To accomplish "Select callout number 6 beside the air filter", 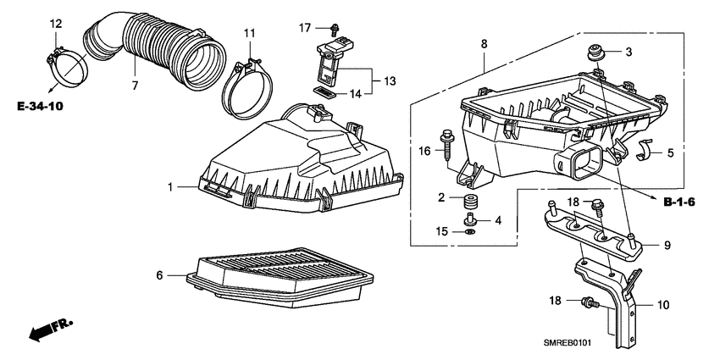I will (159, 274).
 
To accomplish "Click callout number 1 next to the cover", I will (169, 186).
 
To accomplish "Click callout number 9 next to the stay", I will (667, 245).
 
